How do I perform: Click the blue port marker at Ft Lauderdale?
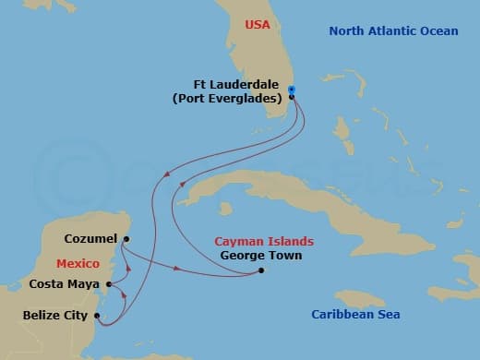[x=291, y=90]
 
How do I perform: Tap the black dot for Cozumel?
[x=126, y=238]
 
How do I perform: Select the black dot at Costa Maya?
[x=109, y=284]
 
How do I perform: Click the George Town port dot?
[x=261, y=270]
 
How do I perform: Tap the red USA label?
[x=258, y=25]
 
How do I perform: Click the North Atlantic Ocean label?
[x=393, y=31]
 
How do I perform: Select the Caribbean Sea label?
[x=355, y=315]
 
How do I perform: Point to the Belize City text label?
[x=54, y=316]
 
